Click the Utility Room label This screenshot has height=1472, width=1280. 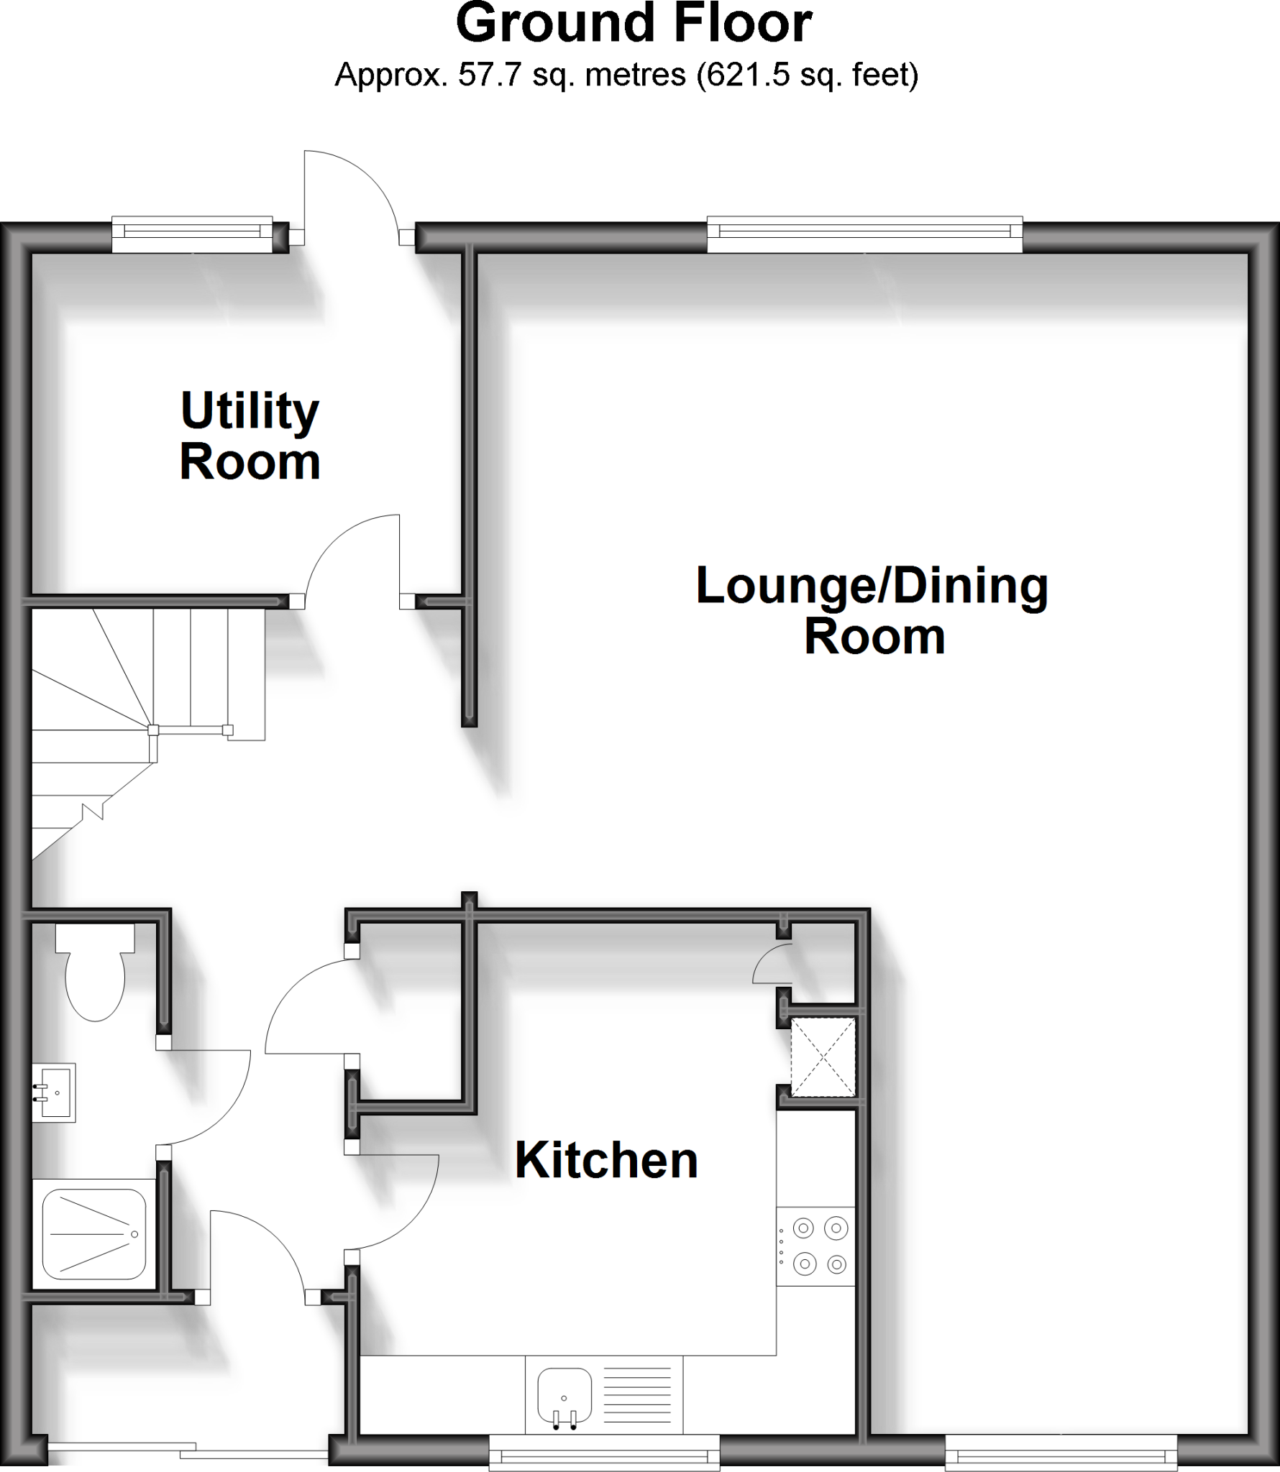[x=250, y=436]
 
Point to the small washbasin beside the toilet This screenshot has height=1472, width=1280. [x=55, y=1092]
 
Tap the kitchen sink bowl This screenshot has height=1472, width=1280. [x=564, y=1394]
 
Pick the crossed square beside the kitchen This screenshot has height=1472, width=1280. [x=823, y=1057]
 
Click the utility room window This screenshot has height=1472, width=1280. [x=192, y=234]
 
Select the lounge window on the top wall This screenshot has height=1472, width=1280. [x=864, y=234]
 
